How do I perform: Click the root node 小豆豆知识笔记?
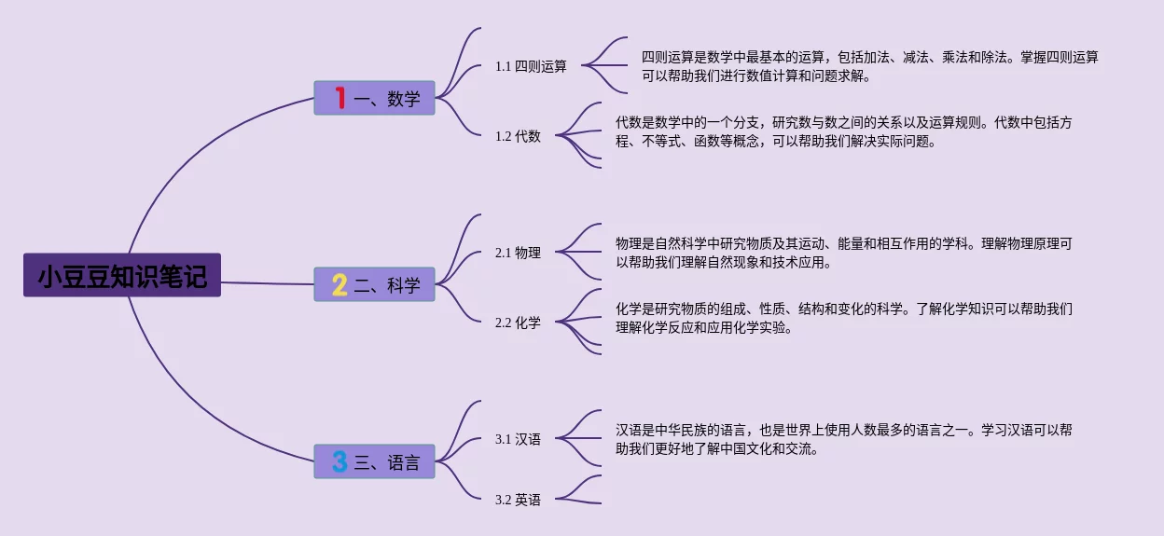point(122,276)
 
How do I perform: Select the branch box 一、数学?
point(375,98)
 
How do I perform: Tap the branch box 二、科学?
point(375,284)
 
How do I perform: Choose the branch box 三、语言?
point(375,461)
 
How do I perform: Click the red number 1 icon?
point(339,97)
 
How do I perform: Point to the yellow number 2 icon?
point(339,284)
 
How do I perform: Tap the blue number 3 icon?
point(339,461)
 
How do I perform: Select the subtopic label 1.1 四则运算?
point(531,66)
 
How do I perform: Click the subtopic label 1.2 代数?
point(518,136)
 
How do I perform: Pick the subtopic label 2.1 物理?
point(518,253)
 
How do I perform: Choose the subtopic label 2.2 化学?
point(518,323)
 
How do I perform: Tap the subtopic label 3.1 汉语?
point(518,439)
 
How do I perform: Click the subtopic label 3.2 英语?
point(518,500)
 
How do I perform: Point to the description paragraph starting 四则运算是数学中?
point(869,66)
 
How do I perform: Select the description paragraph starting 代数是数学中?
point(843,131)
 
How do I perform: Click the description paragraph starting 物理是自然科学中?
point(843,253)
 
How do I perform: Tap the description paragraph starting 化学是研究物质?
point(843,318)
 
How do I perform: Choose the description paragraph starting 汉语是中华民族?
point(843,439)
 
